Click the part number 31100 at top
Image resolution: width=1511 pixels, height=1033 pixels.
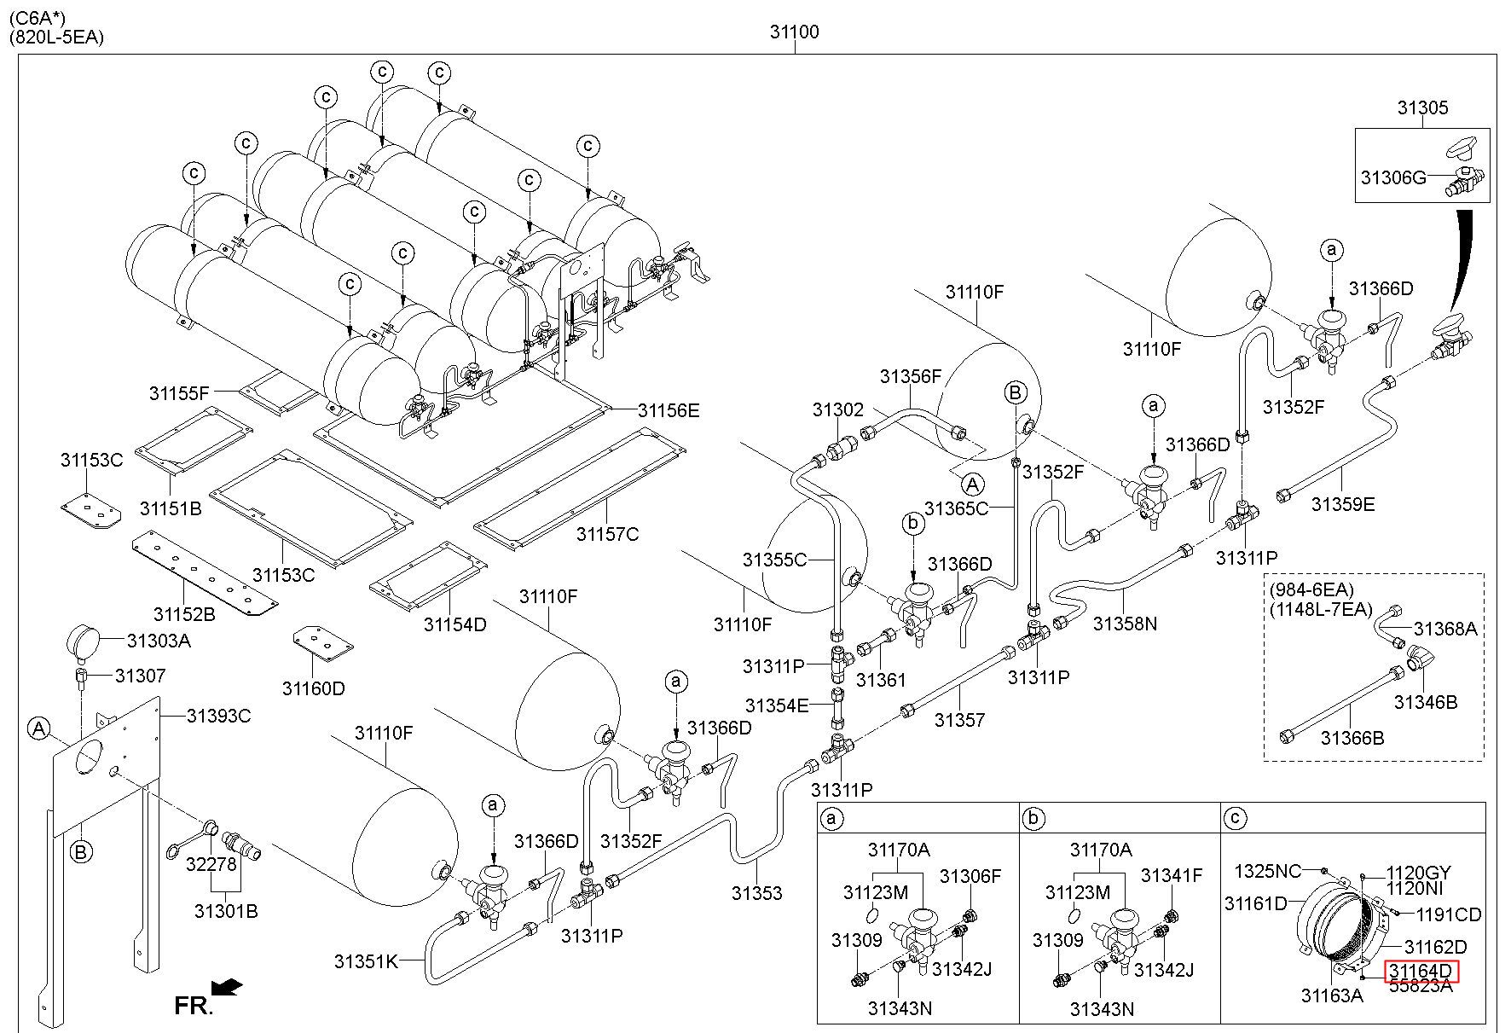click(794, 32)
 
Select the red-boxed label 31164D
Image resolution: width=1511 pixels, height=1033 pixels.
click(1420, 971)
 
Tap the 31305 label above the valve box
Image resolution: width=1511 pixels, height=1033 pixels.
click(1422, 108)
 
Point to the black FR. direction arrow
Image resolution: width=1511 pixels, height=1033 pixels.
click(226, 987)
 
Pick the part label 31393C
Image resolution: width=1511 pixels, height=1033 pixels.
click(218, 716)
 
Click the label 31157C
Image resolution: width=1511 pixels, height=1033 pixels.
click(607, 534)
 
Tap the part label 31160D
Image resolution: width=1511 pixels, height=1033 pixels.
click(314, 688)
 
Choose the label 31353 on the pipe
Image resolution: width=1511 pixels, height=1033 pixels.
click(756, 893)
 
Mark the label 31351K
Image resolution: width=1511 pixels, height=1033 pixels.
click(366, 961)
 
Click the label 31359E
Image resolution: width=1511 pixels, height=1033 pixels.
click(1343, 504)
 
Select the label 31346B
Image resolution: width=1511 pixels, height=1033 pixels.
click(1426, 702)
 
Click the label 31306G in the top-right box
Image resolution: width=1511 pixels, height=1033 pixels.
click(1393, 177)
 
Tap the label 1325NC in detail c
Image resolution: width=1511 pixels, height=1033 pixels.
click(1268, 871)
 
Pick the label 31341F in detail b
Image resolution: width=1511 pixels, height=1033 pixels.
click(1172, 875)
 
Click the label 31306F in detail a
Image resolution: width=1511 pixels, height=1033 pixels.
click(970, 875)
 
